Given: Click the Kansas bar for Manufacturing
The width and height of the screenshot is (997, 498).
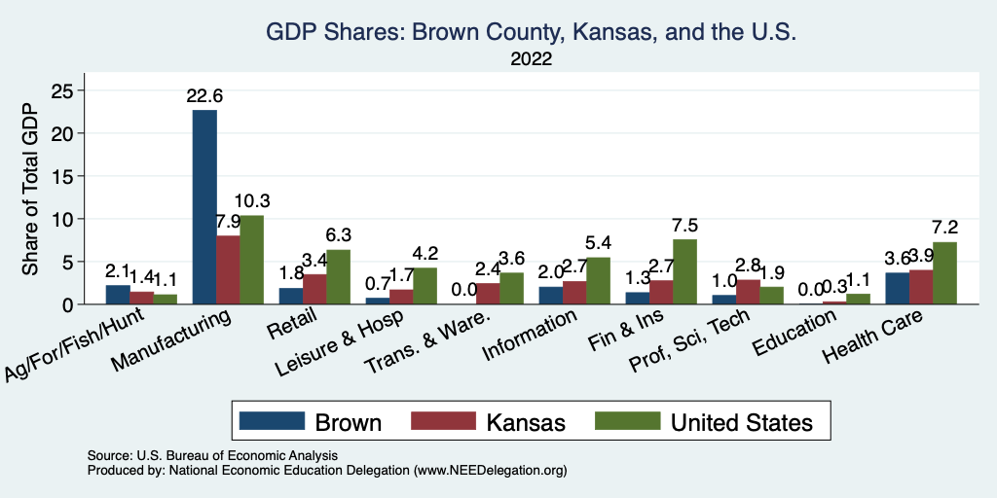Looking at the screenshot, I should tap(228, 270).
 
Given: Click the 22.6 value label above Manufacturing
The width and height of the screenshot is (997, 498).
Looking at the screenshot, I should tap(204, 96).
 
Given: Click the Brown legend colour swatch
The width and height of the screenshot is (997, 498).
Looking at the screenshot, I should tap(272, 421).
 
